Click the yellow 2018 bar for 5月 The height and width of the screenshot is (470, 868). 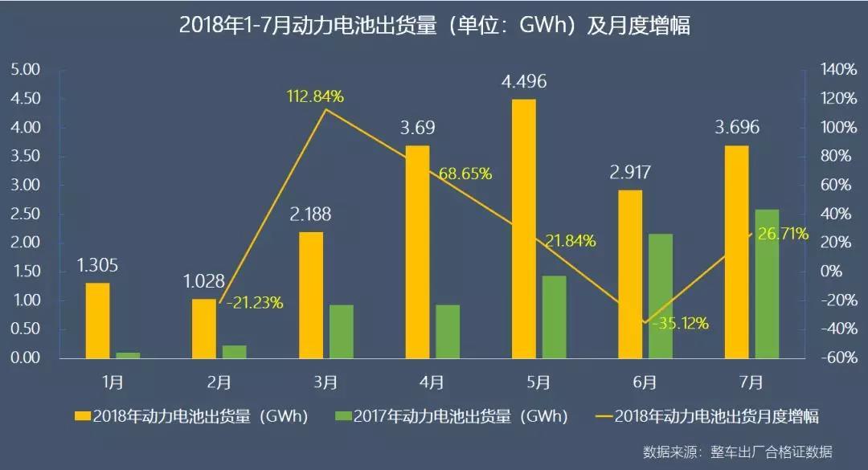coord(524,229)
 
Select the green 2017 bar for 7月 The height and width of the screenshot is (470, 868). coord(767,284)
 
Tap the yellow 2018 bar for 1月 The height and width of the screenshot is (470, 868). coord(97,320)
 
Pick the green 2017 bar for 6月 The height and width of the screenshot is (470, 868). coord(660,296)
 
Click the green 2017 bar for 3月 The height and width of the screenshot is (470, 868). coord(341,331)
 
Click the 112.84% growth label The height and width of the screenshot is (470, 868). coord(315,96)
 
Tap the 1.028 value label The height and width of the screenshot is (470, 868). coord(204,282)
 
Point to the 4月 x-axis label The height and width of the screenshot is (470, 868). coord(431,382)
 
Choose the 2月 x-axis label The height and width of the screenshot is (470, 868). coord(218,382)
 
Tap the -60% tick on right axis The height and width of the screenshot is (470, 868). coord(836,358)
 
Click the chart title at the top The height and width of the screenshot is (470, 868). coord(434,26)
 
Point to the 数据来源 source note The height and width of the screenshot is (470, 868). coord(737,452)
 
